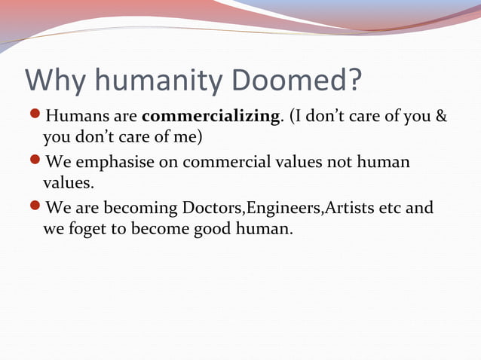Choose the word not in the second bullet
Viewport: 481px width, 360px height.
click(x=336, y=163)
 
